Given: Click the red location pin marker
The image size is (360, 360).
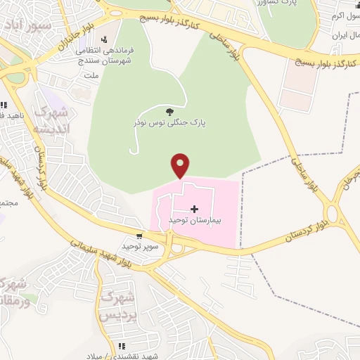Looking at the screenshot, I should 181,165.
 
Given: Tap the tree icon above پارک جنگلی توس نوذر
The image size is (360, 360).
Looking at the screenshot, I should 169,111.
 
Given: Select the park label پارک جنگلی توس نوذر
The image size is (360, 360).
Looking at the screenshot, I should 169,122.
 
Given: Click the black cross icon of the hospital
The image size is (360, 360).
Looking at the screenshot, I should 195,209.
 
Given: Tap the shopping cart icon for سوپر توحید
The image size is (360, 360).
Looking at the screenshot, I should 140,236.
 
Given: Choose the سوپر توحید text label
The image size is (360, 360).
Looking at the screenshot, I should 140,246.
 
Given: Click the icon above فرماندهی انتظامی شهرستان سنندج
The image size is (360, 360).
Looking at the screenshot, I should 105,39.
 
